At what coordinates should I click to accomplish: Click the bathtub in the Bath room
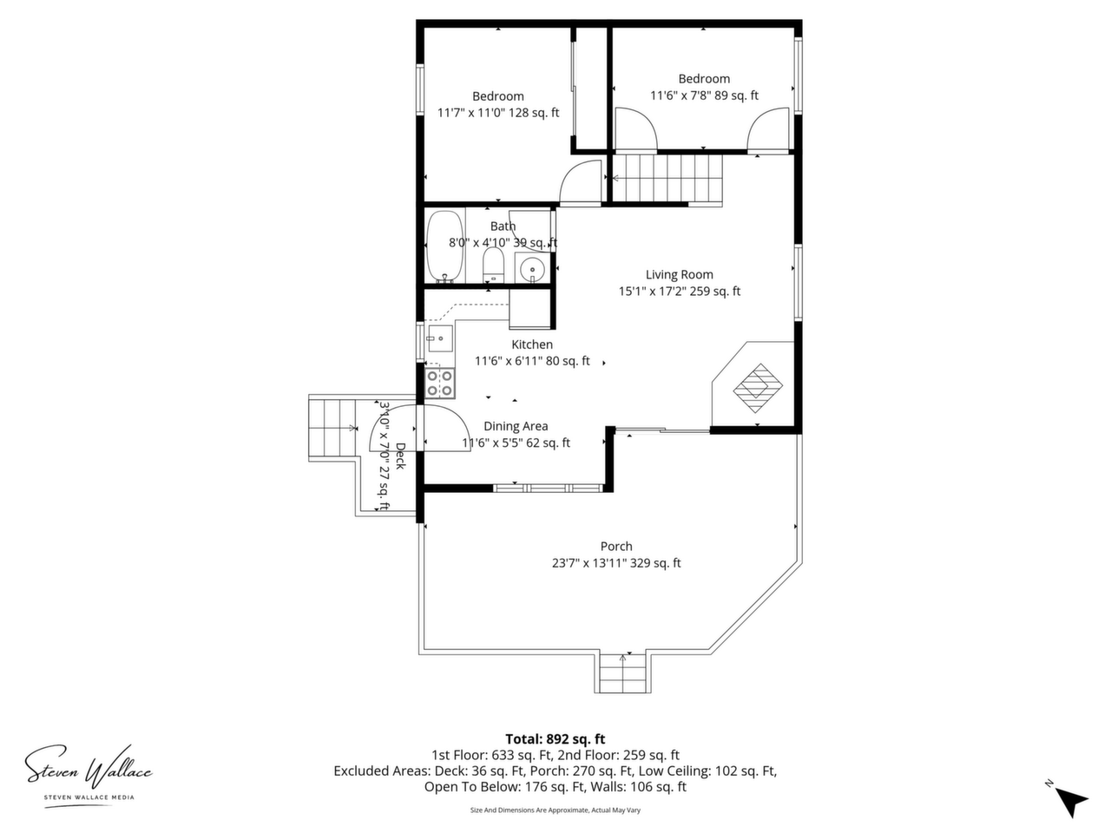pyautogui.click(x=445, y=246)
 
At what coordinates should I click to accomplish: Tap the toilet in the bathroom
pyautogui.click(x=492, y=264)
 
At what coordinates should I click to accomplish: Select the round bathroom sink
pyautogui.click(x=531, y=267)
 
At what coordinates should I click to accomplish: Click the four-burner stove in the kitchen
pyautogui.click(x=439, y=384)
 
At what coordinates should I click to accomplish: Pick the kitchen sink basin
pyautogui.click(x=440, y=338)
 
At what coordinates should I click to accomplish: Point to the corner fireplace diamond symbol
pyautogui.click(x=758, y=387)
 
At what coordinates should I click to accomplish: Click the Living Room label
pyautogui.click(x=680, y=275)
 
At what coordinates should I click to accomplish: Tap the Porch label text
pyautogui.click(x=616, y=547)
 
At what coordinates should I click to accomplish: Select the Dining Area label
pyautogui.click(x=516, y=426)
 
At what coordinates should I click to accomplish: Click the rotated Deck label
pyautogui.click(x=400, y=456)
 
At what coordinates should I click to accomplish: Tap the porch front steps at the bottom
pyautogui.click(x=622, y=672)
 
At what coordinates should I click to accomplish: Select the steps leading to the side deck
pyautogui.click(x=332, y=428)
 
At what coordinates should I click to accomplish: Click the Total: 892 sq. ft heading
pyautogui.click(x=555, y=739)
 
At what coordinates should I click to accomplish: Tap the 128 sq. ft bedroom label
pyautogui.click(x=498, y=105)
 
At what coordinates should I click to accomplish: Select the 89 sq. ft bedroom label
pyautogui.click(x=704, y=87)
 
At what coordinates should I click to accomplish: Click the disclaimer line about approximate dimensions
pyautogui.click(x=555, y=810)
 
